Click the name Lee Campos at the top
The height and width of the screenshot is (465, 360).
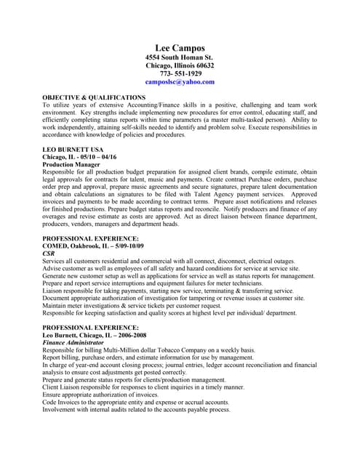click(180, 48)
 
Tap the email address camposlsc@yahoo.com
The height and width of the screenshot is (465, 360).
click(180, 82)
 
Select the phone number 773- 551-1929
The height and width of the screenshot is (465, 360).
click(180, 73)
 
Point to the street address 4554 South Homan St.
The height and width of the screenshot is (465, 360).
click(180, 57)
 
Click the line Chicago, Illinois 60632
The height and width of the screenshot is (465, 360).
click(180, 65)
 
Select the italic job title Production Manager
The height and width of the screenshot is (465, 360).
click(71, 165)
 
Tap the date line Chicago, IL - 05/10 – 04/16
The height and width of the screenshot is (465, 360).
click(79, 157)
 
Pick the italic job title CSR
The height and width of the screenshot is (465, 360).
click(49, 254)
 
